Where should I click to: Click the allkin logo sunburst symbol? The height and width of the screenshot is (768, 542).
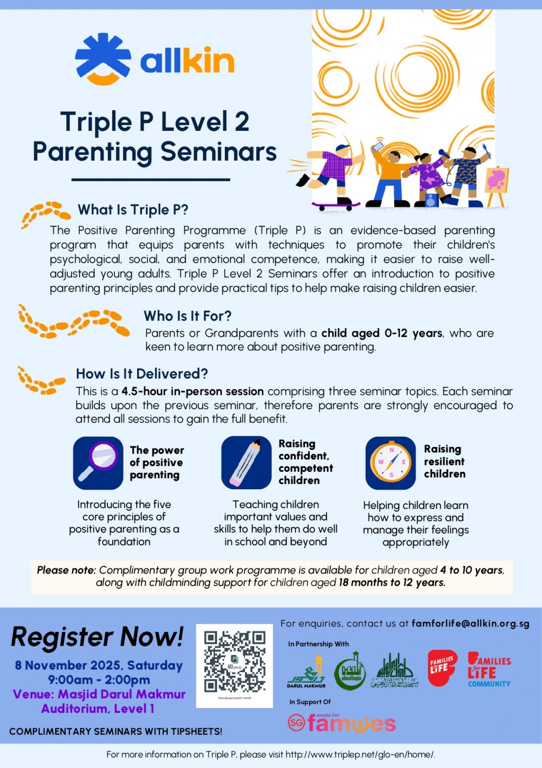pyautogui.click(x=103, y=58)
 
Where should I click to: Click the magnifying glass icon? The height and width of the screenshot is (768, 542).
pyautogui.click(x=98, y=463)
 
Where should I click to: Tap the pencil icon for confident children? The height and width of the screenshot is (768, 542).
pyautogui.click(x=246, y=462)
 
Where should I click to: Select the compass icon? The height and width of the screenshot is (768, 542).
pyautogui.click(x=391, y=463)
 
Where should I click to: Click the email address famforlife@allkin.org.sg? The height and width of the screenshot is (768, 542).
pyautogui.click(x=470, y=623)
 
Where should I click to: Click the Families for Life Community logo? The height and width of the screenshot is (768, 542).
pyautogui.click(x=489, y=669)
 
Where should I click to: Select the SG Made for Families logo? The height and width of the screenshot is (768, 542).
pyautogui.click(x=342, y=722)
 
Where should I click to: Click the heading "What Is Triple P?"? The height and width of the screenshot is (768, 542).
pyautogui.click(x=133, y=210)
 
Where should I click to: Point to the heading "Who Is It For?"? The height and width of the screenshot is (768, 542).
pyautogui.click(x=187, y=316)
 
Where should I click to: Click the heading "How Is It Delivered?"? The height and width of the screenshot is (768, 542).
pyautogui.click(x=142, y=374)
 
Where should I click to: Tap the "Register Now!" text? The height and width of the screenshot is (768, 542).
pyautogui.click(x=97, y=637)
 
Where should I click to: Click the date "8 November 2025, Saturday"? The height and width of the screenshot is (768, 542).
pyautogui.click(x=99, y=665)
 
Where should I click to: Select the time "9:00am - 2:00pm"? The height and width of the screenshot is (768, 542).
pyautogui.click(x=99, y=679)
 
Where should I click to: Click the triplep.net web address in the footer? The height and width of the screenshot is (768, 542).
pyautogui.click(x=360, y=754)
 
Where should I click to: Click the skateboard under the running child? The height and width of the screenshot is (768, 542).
pyautogui.click(x=336, y=205)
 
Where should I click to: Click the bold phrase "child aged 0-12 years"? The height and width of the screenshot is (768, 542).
pyautogui.click(x=382, y=333)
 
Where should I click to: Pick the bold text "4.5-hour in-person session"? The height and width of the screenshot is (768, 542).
pyautogui.click(x=193, y=391)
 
